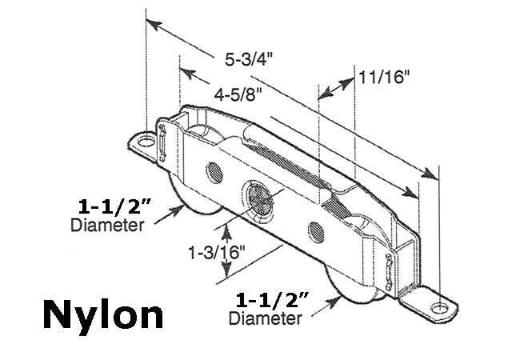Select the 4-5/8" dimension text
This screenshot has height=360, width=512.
click(240, 94)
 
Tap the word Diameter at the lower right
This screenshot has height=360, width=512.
click(265, 320)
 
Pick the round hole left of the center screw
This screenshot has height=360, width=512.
click(213, 171)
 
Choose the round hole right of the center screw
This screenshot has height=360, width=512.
click(312, 231)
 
